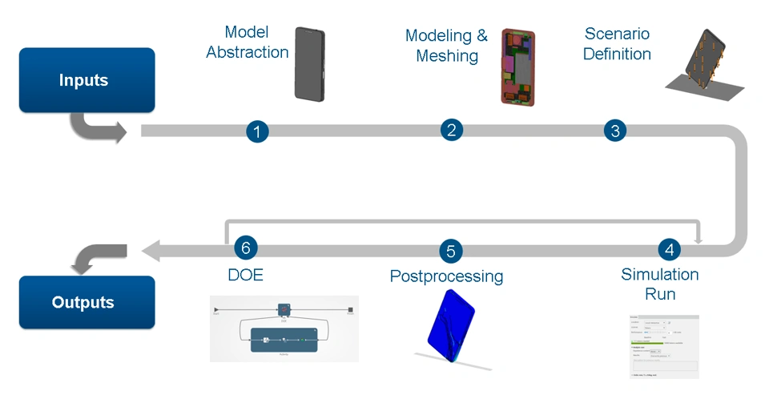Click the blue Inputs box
coord(87,80)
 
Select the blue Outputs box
coord(87,302)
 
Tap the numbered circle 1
coord(256,131)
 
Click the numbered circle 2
coord(452,130)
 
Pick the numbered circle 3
coord(614,131)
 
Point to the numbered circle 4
coord(670,248)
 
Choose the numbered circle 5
coord(451,252)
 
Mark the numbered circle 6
coord(246,248)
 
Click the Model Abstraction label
coord(247,42)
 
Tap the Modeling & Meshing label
coord(446,46)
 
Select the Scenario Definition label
coord(617,44)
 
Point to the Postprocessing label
coord(446,276)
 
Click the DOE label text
coord(246,275)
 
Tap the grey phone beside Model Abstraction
coord(310,64)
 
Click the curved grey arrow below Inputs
coord(97,127)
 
